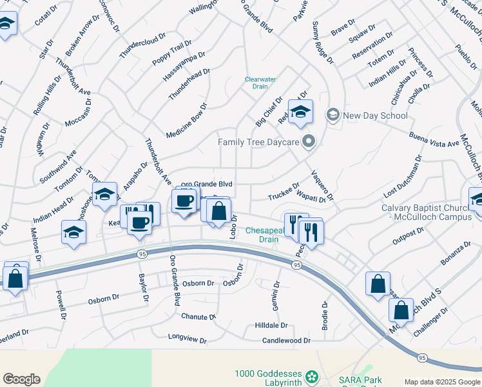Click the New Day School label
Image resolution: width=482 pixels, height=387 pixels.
pyautogui.click(x=375, y=115)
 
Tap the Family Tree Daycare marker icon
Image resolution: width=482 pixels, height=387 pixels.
pyautogui.click(x=309, y=141)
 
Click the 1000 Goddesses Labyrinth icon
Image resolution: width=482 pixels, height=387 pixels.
pyautogui.click(x=313, y=375)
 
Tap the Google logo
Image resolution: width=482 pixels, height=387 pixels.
pyautogui.click(x=22, y=379)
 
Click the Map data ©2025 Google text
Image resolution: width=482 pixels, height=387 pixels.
pyautogui.click(x=441, y=382)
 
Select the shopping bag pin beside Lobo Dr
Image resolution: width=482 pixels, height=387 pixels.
pyautogui.click(x=219, y=210)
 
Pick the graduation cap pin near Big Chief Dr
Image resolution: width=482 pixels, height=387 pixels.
pyautogui.click(x=300, y=113)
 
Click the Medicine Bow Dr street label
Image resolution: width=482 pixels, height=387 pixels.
pyautogui.click(x=186, y=121)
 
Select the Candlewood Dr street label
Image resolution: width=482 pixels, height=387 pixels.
pyautogui.click(x=286, y=340)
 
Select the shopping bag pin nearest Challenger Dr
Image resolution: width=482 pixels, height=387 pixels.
pyautogui.click(x=401, y=310)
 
